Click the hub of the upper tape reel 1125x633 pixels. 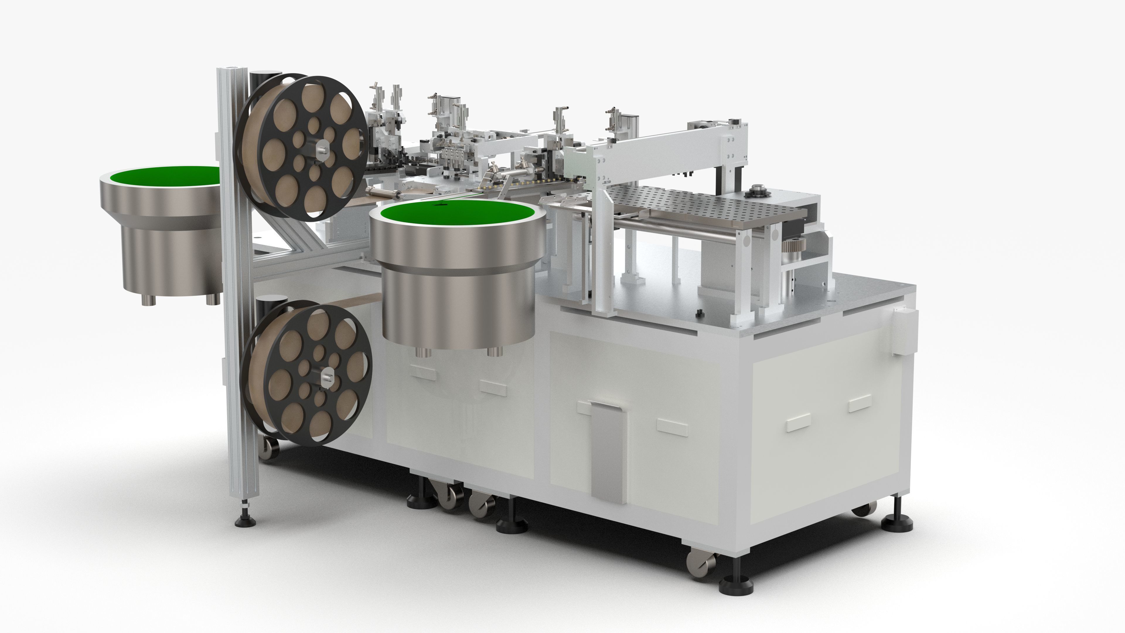pos(322,147)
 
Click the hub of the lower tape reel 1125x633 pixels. pos(327,377)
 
